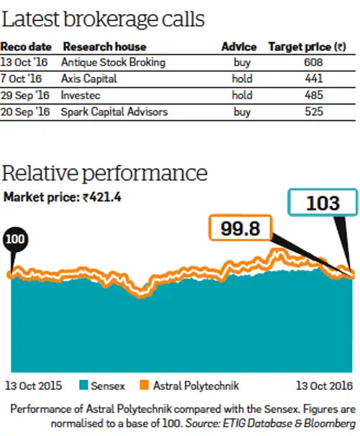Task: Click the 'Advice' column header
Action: (238, 47)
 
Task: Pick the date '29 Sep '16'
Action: (26, 96)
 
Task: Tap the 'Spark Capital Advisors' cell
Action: (113, 112)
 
